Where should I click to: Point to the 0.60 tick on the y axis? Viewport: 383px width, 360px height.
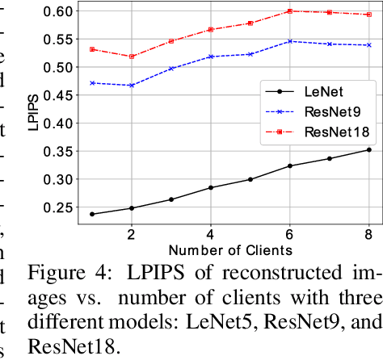coord(59,10)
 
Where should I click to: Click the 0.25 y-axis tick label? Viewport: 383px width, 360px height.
coord(59,207)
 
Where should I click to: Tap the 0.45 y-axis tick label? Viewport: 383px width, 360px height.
coord(59,95)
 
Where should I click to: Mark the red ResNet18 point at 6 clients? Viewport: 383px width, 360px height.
coord(289,11)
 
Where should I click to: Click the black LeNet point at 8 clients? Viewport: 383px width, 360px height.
coord(368,149)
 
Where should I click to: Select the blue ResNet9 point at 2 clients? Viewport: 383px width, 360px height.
coord(131,85)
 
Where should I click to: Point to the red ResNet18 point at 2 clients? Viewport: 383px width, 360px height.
coord(131,57)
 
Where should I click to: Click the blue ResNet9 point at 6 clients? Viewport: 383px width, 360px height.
coord(289,41)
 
